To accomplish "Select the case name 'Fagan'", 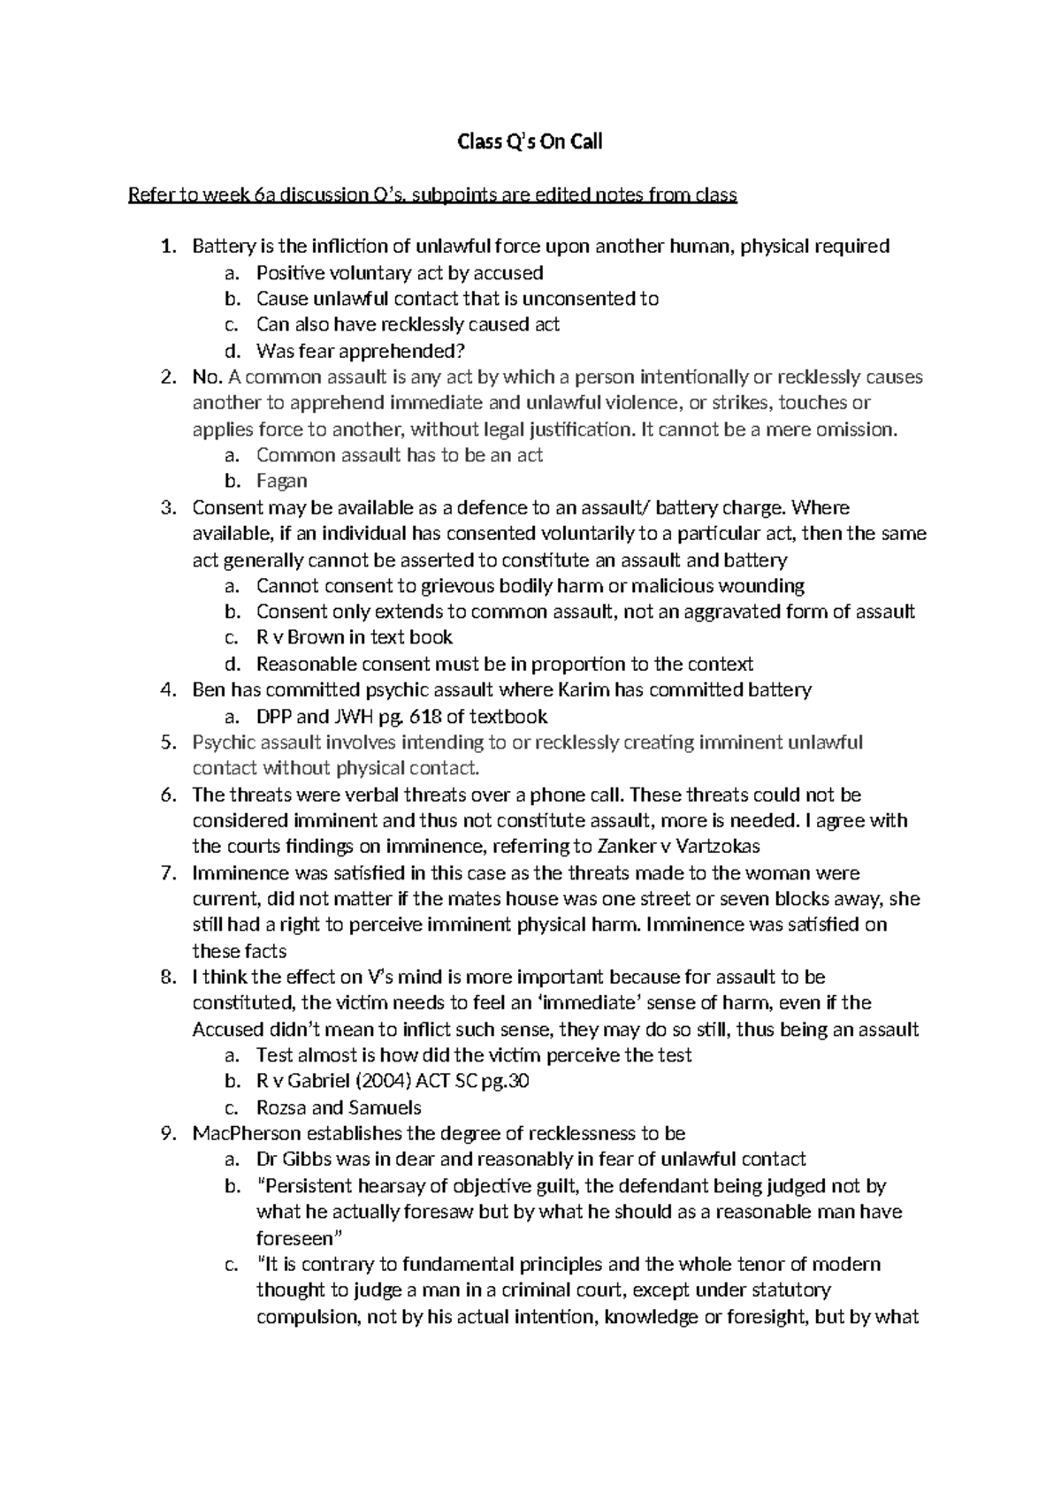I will pyautogui.click(x=281, y=482).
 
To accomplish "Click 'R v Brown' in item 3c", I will pyautogui.click(x=299, y=637).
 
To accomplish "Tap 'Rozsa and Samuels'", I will pyautogui.click(x=339, y=1108).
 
